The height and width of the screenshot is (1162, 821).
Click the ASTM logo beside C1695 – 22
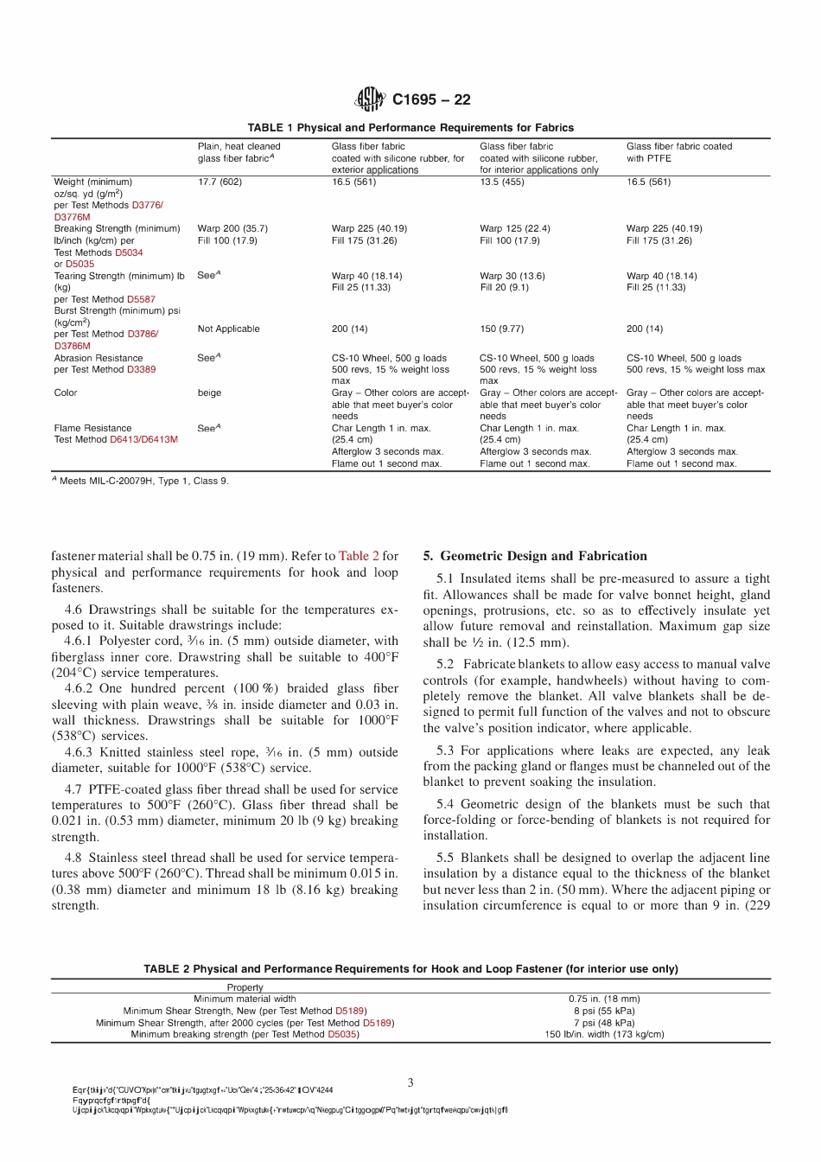coord(370,99)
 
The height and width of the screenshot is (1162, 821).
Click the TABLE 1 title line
coord(410,127)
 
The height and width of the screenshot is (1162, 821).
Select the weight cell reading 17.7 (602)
coord(220,182)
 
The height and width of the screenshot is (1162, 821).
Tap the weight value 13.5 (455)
coord(502,182)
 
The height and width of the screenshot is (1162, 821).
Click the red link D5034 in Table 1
coord(129,252)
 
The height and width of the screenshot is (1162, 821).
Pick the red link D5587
coord(141,299)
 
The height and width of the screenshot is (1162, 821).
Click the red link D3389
coord(141,369)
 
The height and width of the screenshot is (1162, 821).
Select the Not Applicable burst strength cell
coord(228,329)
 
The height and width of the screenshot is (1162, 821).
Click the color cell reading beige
coord(209,393)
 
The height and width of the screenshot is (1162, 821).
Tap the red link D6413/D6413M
coord(143,439)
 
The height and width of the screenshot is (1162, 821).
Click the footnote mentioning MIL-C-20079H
coord(140,481)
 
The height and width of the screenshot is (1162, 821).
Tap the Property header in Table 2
coord(245,987)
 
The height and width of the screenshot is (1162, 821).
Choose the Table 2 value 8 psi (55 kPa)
coord(604,1011)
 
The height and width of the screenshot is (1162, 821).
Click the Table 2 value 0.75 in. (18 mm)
coord(604,999)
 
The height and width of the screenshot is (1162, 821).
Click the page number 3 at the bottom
coord(410,1082)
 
